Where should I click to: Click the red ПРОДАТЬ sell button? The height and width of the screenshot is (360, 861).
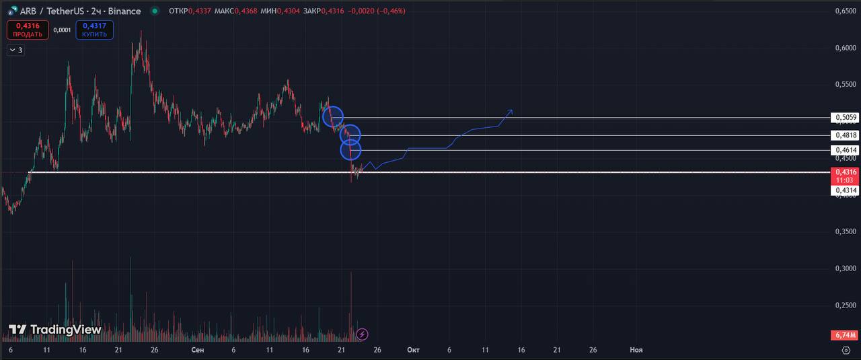(x=28, y=30)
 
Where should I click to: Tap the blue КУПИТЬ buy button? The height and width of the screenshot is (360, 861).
(x=95, y=30)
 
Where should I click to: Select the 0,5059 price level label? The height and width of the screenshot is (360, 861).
(x=845, y=118)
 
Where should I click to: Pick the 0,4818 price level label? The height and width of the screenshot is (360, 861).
(x=845, y=135)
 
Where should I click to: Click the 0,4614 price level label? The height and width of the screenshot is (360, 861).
(x=845, y=150)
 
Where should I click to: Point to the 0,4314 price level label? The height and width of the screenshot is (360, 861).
(x=845, y=190)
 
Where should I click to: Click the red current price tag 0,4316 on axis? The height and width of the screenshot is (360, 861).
(x=845, y=176)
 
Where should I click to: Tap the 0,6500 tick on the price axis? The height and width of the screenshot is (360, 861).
(x=845, y=11)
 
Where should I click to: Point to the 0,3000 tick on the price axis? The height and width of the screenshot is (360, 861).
(x=845, y=268)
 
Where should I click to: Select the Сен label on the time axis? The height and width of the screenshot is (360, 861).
(x=197, y=350)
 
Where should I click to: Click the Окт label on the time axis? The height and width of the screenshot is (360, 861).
(x=413, y=350)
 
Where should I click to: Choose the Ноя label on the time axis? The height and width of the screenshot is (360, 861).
(x=636, y=350)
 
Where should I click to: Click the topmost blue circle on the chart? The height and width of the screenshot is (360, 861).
(x=333, y=117)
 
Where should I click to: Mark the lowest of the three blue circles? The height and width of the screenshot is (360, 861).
(x=350, y=149)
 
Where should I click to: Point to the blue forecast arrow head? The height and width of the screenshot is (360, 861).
(x=511, y=111)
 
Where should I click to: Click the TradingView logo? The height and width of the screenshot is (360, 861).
(x=55, y=330)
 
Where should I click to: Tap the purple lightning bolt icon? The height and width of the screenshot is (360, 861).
(x=362, y=334)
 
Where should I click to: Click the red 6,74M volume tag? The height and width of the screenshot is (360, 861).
(x=845, y=335)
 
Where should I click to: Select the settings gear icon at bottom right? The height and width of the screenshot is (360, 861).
(x=846, y=350)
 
